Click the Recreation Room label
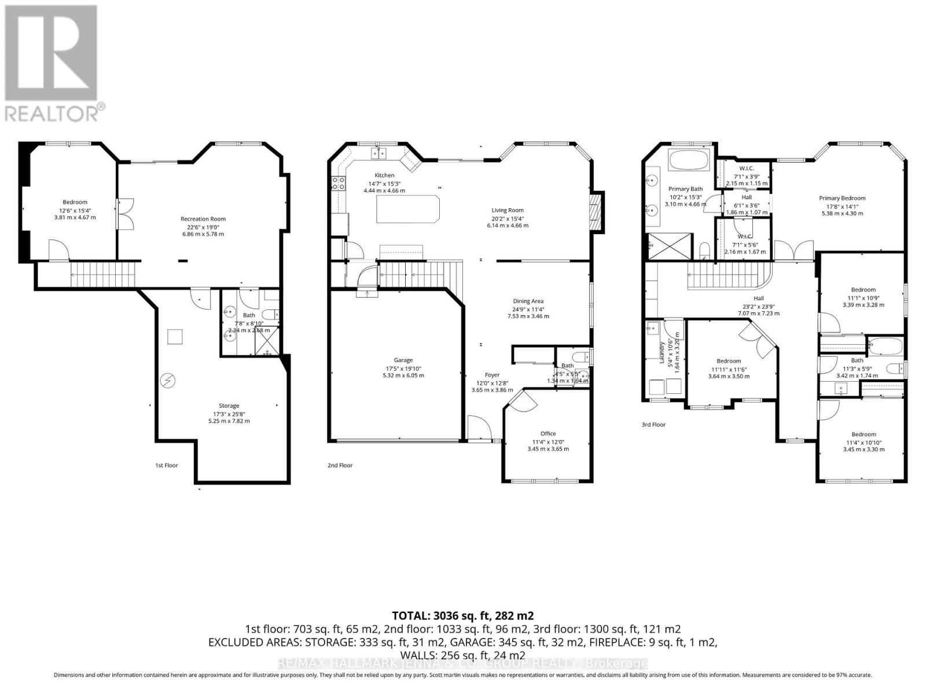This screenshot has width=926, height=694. tap(203, 219)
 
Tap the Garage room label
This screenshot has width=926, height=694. tap(403, 360)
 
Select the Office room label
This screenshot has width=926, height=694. tap(547, 433)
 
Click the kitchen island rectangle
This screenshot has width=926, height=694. tap(407, 209)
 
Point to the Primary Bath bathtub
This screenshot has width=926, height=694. tap(688, 160)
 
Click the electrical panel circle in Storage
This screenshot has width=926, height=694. tap(167, 381)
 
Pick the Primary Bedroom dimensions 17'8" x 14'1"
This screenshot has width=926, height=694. tap(842, 206)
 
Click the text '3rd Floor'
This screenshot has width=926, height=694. tap(653, 424)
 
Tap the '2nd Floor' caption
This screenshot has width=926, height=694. tap(340, 465)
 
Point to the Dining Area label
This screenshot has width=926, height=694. tap(528, 301)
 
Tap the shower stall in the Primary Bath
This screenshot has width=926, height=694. tap(669, 247)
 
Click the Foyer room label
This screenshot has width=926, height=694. tap(492, 375)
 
